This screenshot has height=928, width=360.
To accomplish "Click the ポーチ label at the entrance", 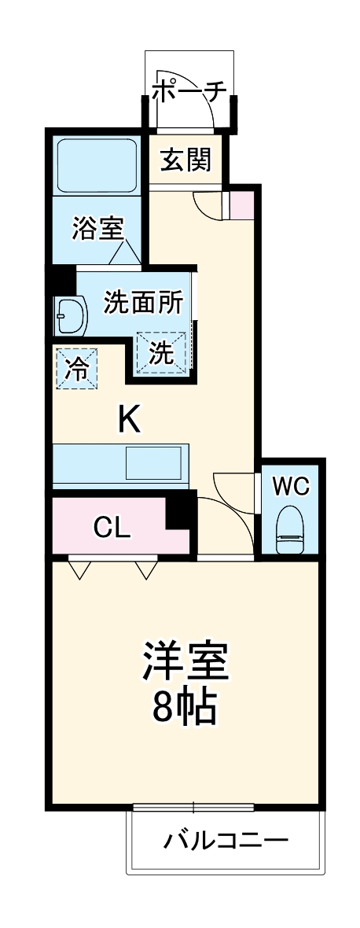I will [189, 91].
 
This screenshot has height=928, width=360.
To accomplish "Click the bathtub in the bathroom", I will [97, 166].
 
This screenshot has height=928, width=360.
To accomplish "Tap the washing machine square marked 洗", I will [162, 353].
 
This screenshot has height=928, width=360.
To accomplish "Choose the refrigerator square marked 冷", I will [77, 368].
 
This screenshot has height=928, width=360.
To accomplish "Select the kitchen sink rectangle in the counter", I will [156, 462].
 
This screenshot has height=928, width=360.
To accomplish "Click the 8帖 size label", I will [185, 709].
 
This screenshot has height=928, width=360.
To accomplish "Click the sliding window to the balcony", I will [193, 807].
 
